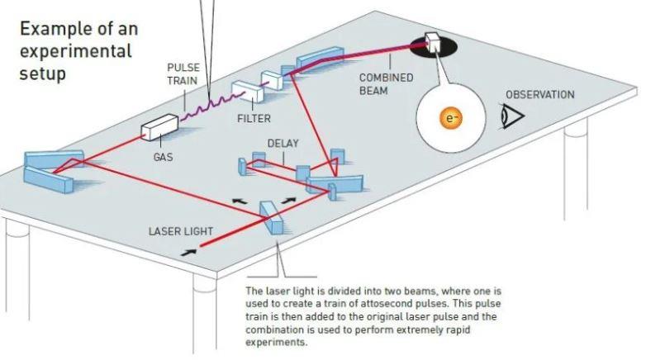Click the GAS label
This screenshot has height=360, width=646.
click(x=163, y=157)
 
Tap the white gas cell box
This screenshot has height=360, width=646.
click(x=158, y=130)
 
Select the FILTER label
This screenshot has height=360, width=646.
click(x=254, y=118)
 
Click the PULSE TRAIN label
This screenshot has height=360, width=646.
click(x=183, y=74)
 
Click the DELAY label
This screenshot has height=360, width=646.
click(x=283, y=143)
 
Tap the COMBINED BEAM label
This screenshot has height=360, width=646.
click(x=385, y=84)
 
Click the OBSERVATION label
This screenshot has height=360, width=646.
click(x=539, y=94)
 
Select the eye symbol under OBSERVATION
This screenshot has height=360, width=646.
click(x=513, y=118)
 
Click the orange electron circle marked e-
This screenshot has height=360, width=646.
click(x=450, y=118)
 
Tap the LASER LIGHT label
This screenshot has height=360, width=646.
click(x=180, y=231)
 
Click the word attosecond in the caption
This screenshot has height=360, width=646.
click(x=390, y=303)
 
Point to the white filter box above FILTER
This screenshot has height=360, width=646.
click(x=246, y=92)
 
